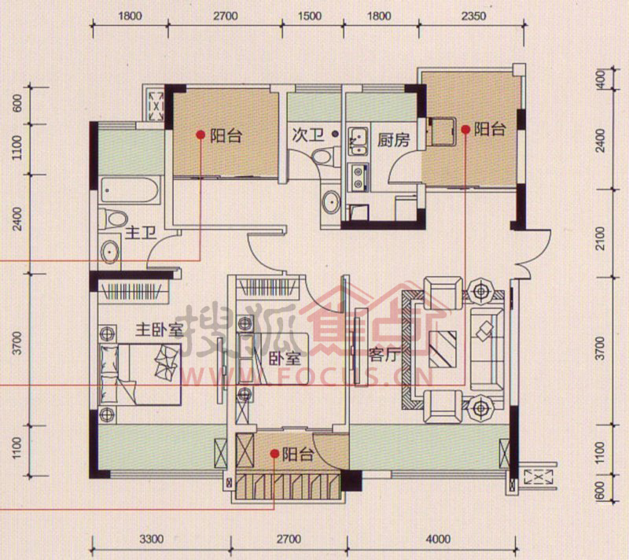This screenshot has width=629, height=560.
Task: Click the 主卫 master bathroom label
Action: (141, 233)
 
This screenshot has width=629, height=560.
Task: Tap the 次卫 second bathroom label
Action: (307, 134)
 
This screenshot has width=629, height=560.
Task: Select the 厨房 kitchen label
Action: (394, 140)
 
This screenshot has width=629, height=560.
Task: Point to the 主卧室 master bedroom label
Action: (159, 330)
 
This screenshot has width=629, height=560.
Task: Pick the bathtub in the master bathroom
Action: (131, 190)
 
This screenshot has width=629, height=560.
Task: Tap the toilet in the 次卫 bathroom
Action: (326, 156)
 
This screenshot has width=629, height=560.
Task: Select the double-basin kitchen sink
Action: (358, 142)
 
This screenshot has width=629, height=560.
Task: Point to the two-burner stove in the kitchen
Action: (358, 177)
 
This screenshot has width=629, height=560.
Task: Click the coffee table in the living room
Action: (443, 349)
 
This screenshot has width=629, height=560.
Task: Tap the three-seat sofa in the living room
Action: (487, 349)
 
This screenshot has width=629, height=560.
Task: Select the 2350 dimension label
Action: (473, 16)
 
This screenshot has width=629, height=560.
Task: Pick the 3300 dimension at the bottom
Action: (151, 539)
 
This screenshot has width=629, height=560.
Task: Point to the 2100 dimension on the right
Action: (600, 238)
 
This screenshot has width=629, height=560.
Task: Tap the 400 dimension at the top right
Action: (601, 79)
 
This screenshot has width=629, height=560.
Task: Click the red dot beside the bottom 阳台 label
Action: (274, 454)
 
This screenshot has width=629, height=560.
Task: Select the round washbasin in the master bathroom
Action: (109, 252)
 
